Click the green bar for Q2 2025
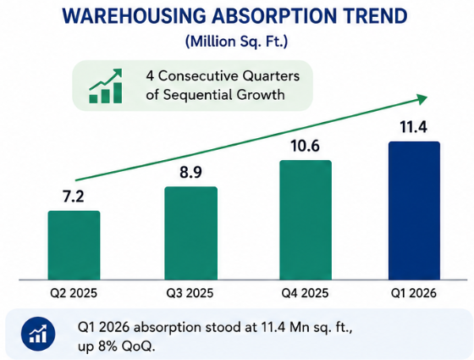74,246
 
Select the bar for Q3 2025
190,233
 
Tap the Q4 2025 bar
306,220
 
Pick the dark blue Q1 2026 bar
414,211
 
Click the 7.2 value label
74,197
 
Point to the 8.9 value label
190,173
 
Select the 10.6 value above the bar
305,146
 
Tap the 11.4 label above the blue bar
414,127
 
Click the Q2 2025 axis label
74,293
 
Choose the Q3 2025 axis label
190,293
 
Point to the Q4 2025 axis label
305,293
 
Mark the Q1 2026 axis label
414,293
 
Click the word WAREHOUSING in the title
134,16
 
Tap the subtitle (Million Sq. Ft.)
236,42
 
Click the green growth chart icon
106,86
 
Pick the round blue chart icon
38,335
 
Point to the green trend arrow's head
422,99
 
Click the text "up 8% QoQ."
117,346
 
